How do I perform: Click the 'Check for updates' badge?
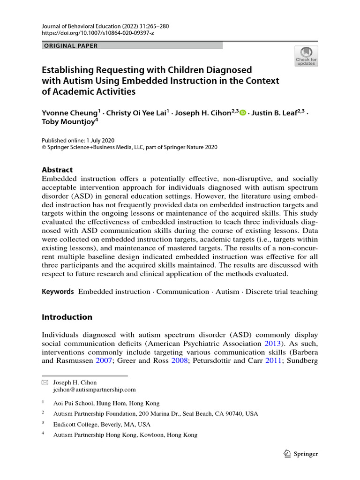click(x=306, y=56)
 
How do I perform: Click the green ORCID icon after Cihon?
click(x=242, y=112)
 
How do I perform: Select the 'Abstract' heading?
click(x=57, y=170)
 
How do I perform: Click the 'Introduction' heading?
click(x=67, y=317)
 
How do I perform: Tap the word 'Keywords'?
click(x=58, y=292)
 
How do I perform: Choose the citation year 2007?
click(x=104, y=361)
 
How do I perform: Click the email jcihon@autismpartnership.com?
click(x=94, y=389)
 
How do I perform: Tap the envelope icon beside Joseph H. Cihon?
click(x=45, y=382)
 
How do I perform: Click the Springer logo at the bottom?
click(x=301, y=454)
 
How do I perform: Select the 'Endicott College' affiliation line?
click(x=102, y=424)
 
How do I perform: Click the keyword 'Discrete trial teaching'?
click(x=282, y=292)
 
